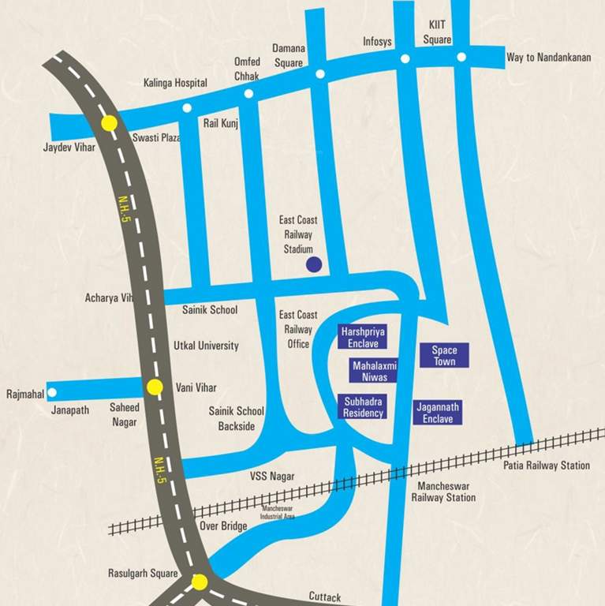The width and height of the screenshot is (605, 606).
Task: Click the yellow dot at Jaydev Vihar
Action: (x=109, y=123)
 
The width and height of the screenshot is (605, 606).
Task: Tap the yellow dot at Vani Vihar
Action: (x=155, y=387)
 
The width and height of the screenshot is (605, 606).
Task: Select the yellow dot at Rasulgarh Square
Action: (x=200, y=582)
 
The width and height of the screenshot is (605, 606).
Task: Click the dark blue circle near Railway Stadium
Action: (x=313, y=265)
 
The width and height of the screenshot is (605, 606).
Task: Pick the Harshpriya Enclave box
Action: (x=363, y=337)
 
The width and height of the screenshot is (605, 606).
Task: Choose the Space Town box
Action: (x=444, y=355)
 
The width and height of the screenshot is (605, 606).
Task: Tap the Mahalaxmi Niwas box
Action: (x=373, y=371)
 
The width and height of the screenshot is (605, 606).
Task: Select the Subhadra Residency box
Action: (x=363, y=407)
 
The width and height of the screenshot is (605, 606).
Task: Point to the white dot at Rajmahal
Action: (x=52, y=392)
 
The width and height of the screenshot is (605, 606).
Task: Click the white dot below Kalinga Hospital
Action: (x=187, y=108)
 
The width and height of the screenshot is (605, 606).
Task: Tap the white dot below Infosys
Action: (x=405, y=58)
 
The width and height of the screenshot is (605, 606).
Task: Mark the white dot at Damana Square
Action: (x=319, y=74)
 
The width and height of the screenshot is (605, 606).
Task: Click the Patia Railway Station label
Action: (x=547, y=466)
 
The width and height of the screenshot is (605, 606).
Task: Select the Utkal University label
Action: (x=206, y=346)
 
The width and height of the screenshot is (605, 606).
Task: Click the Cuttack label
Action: (x=324, y=597)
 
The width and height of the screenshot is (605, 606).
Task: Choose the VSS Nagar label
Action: (x=272, y=476)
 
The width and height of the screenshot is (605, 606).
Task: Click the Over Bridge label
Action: (x=223, y=526)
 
